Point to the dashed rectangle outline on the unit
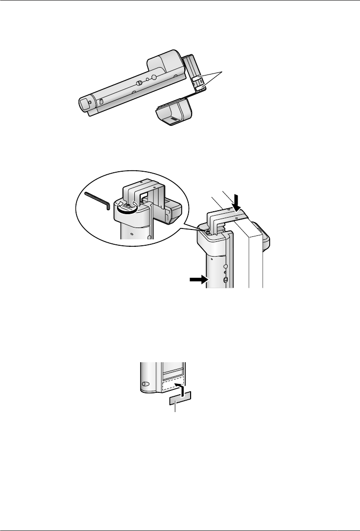[x=173, y=385]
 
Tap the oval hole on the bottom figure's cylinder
[x=145, y=384]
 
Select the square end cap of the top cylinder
[x=86, y=104]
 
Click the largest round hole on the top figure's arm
[x=154, y=77]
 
